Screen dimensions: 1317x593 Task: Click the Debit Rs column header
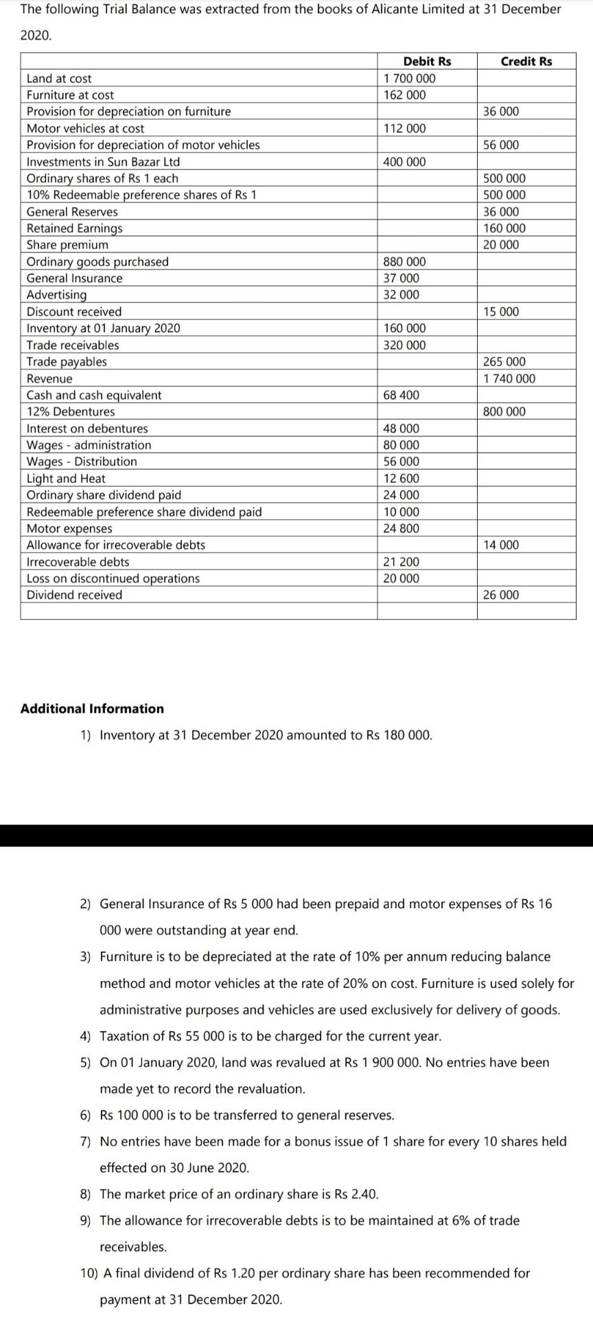427,61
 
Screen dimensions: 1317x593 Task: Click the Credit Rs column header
526,61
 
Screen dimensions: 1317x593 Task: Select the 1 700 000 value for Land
409,78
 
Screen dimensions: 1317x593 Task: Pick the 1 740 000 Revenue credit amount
509,379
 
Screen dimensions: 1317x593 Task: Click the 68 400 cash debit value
402,395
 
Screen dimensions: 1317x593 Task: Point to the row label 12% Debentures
71,412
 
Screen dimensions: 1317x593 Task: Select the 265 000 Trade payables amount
504,361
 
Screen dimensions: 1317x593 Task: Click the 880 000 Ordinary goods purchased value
404,261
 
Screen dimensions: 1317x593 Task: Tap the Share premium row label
67,245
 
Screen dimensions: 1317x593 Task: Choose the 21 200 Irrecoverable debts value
401,562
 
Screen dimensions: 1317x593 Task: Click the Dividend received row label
74,595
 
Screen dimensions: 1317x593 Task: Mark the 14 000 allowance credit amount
501,545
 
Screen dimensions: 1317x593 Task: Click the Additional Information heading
92,709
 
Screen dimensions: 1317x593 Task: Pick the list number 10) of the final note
89,1254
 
